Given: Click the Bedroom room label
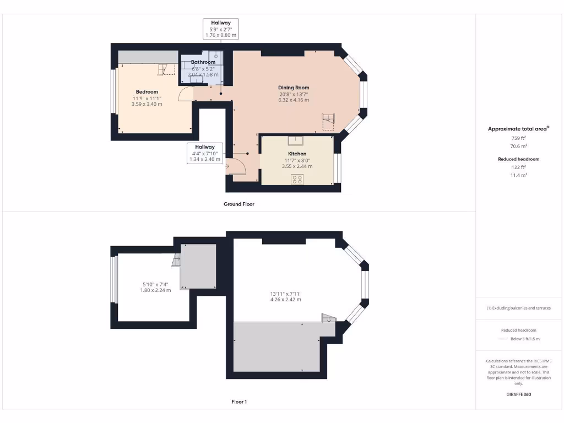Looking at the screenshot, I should pyautogui.click(x=147, y=91).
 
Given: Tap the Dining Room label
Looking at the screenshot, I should pyautogui.click(x=294, y=88).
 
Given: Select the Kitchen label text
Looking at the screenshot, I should pyautogui.click(x=297, y=154).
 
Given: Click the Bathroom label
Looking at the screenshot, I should pyautogui.click(x=203, y=62).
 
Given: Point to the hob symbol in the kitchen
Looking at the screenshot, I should pyautogui.click(x=297, y=178).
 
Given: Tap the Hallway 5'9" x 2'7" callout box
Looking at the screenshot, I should pyautogui.click(x=221, y=29).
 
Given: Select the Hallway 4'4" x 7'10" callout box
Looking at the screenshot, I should pyautogui.click(x=204, y=153).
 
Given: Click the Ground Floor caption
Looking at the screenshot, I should pyautogui.click(x=238, y=204).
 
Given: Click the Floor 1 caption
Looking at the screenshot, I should pyautogui.click(x=238, y=402).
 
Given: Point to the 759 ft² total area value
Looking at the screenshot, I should pyautogui.click(x=518, y=138).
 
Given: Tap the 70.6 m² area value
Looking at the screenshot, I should pyautogui.click(x=518, y=146).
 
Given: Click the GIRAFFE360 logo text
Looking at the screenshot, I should pyautogui.click(x=518, y=394).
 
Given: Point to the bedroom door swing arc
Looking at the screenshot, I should pyautogui.click(x=186, y=94).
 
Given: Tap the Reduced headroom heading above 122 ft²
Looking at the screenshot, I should pyautogui.click(x=518, y=159).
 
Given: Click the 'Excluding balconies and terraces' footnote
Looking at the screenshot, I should pyautogui.click(x=518, y=308).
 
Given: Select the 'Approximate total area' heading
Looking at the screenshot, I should pyautogui.click(x=517, y=129).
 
